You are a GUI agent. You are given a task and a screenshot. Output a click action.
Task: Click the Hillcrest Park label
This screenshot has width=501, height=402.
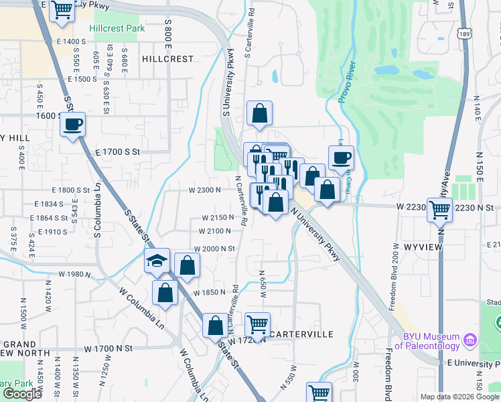[x=117, y=29]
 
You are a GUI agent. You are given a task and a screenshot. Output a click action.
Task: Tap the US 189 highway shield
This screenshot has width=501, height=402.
[x=467, y=33]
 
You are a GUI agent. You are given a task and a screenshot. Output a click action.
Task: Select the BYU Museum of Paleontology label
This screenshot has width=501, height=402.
[x=431, y=342]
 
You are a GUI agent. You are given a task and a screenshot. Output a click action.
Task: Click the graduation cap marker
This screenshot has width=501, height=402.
[x=157, y=261]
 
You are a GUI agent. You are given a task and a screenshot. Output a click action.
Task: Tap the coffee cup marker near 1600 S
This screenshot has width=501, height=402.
[x=73, y=124]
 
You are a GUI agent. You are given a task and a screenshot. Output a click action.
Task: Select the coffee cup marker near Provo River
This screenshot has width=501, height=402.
[x=341, y=157]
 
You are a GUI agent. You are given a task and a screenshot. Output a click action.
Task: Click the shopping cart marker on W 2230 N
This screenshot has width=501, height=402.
[x=440, y=210]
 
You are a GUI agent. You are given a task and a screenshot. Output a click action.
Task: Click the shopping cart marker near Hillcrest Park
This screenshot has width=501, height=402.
[x=62, y=9]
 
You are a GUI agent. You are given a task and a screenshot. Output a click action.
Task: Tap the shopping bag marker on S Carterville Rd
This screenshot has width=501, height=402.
[x=259, y=113]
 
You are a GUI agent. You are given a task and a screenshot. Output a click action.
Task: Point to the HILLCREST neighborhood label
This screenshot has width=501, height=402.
[x=167, y=59]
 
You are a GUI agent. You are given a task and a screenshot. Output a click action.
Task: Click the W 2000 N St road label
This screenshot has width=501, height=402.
[x=215, y=248]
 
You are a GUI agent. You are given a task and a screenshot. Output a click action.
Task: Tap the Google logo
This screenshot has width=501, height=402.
[x=22, y=394]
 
